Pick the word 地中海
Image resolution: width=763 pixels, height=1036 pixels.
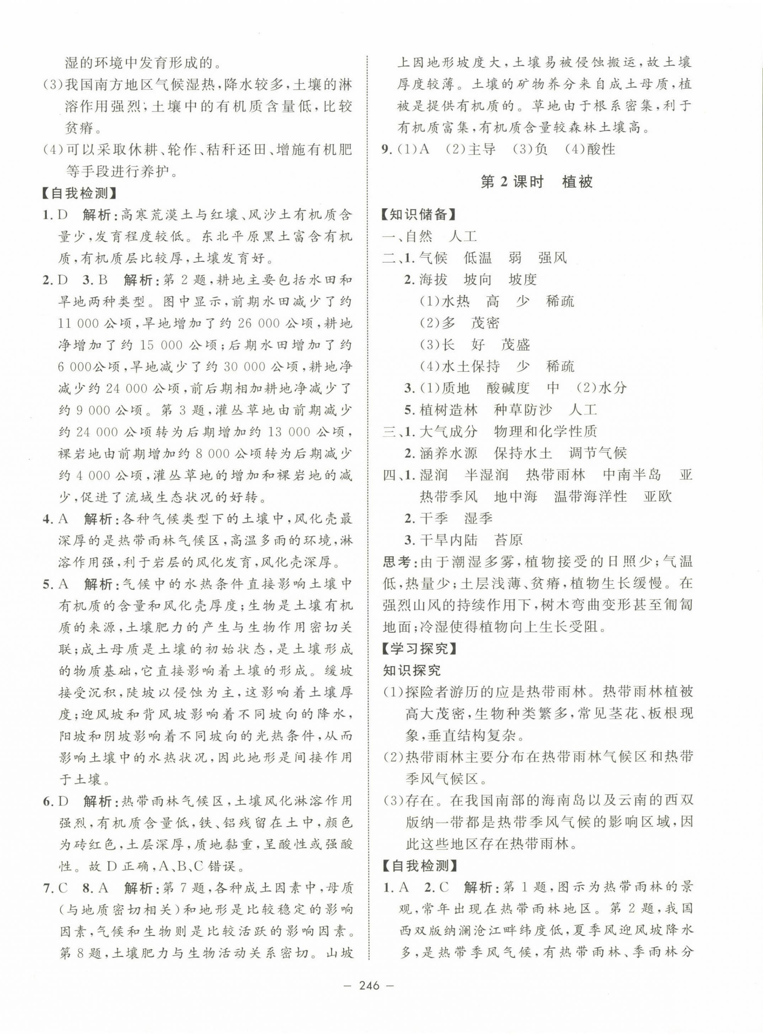tap(515, 497)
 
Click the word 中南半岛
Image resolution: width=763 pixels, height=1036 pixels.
tap(632, 475)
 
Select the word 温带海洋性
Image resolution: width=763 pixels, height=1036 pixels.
tap(590, 497)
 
